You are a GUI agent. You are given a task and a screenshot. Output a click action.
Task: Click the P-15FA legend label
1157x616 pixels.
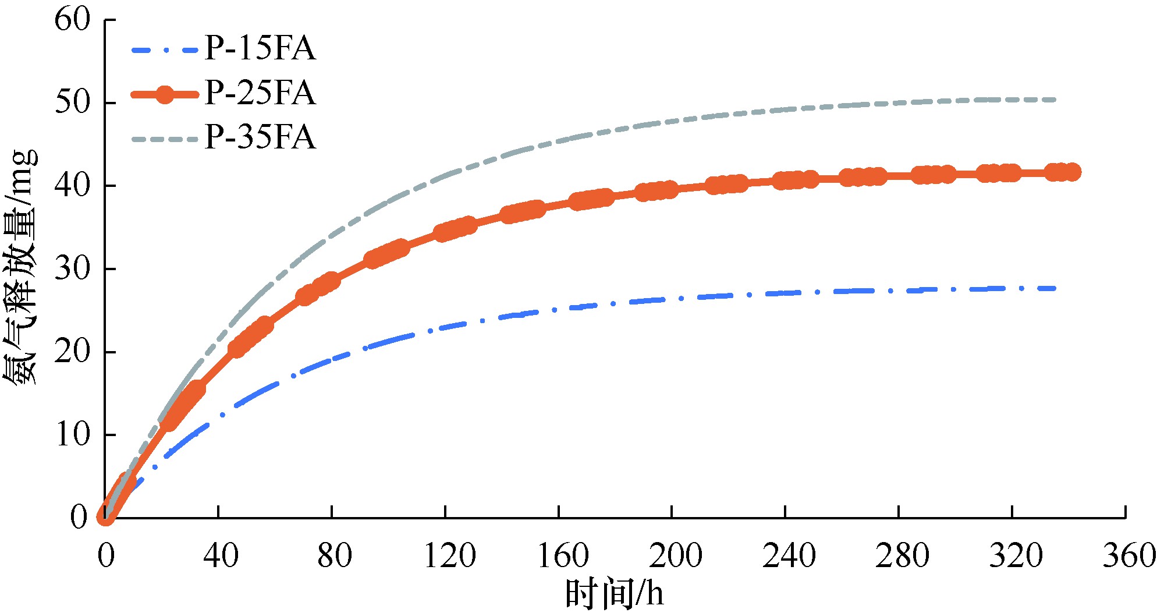click(x=260, y=48)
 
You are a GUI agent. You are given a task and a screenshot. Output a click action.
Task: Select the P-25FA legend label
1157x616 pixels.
click(x=260, y=94)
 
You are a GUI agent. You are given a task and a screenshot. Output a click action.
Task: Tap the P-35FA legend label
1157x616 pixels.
click(x=260, y=139)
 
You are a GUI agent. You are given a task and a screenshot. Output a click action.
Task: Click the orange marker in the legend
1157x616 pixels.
click(x=165, y=94)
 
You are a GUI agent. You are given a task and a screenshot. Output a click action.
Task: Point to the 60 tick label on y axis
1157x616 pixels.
click(x=73, y=20)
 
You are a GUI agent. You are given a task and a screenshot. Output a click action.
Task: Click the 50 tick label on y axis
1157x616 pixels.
click(x=73, y=103)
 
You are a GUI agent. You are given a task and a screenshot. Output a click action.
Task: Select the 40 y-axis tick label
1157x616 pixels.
click(x=73, y=186)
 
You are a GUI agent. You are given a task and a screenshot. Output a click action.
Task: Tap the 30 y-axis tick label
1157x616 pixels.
click(x=73, y=269)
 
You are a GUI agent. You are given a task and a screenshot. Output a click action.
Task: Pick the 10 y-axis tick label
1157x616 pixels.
click(x=73, y=435)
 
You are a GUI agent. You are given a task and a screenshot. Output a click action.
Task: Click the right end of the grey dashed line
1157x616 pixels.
click(x=1055, y=100)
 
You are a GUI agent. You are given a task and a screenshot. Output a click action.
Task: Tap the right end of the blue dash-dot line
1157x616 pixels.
click(x=1055, y=288)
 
